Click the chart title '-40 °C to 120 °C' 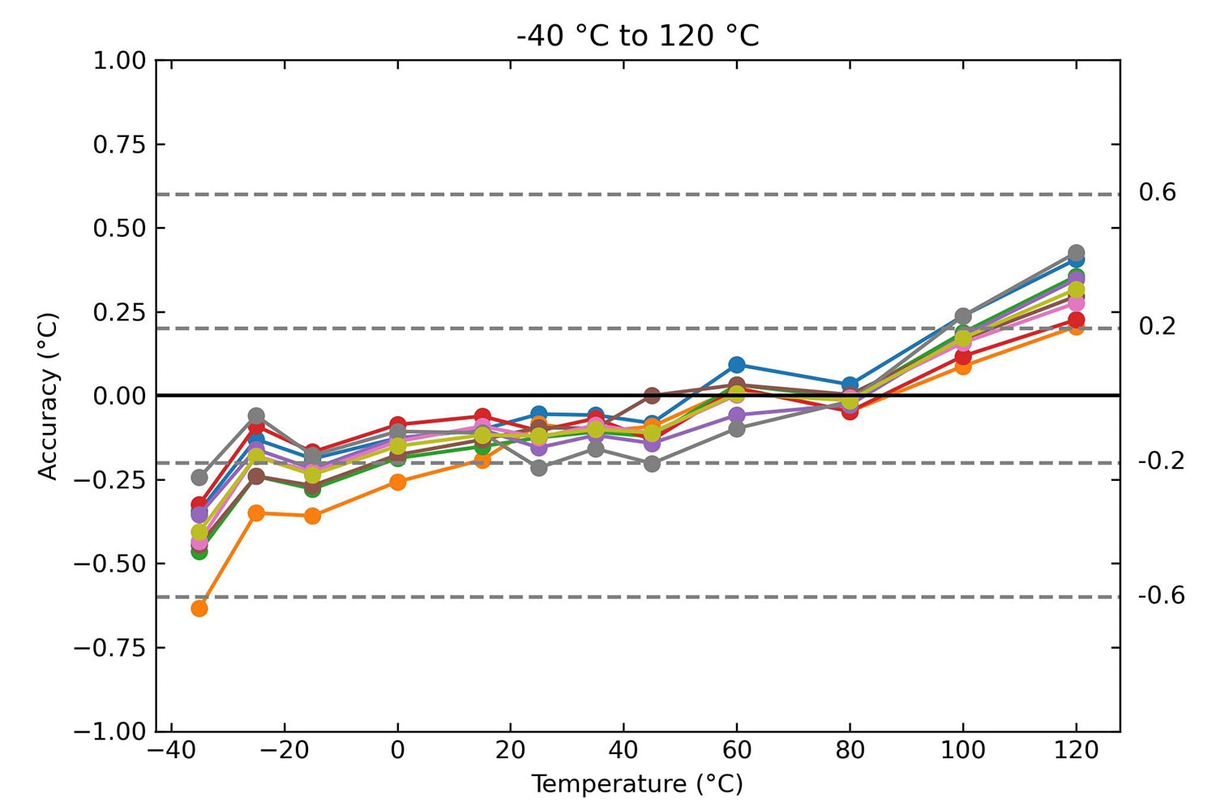point(637,36)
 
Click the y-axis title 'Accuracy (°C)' point(49,396)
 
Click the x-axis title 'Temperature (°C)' point(637,784)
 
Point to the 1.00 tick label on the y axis point(120,61)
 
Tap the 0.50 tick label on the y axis point(120,229)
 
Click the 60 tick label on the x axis point(737,750)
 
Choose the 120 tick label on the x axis point(1077,750)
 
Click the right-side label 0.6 point(1157,193)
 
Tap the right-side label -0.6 point(1161,596)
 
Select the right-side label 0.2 point(1157,327)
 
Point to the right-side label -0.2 point(1161,461)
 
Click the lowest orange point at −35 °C point(199,608)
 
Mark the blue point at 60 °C point(737,365)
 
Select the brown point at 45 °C point(652,396)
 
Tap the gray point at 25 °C point(539,468)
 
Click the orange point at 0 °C point(397,482)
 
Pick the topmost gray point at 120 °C point(1077,253)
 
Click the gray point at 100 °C point(963,316)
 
